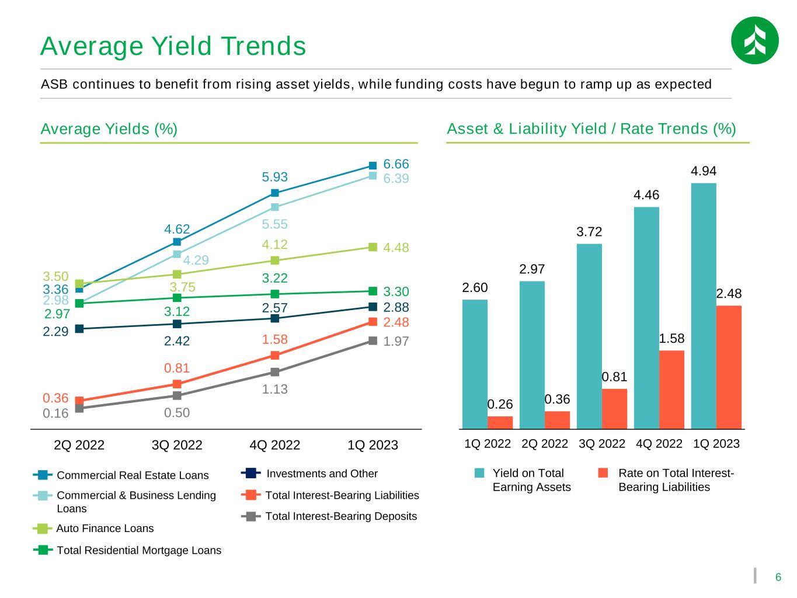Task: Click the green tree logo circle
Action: click(x=754, y=40)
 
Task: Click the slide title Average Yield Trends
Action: click(x=173, y=46)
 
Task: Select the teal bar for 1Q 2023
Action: click(x=703, y=306)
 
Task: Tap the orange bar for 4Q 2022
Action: click(x=671, y=390)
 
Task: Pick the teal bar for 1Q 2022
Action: click(x=475, y=364)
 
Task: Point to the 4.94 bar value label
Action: click(x=703, y=171)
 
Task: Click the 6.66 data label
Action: click(x=396, y=164)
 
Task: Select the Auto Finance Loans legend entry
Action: click(x=93, y=528)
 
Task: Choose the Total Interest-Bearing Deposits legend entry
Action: click(x=329, y=516)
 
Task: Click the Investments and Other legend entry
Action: click(x=309, y=474)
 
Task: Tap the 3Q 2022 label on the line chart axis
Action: click(x=177, y=445)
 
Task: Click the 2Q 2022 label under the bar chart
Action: click(x=544, y=443)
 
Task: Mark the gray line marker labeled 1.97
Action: click(x=373, y=340)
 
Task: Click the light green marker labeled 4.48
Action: click(x=373, y=247)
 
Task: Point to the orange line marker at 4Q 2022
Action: click(x=275, y=355)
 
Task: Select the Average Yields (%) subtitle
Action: click(x=109, y=129)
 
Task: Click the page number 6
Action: click(x=778, y=577)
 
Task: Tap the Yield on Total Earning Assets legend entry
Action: click(x=523, y=479)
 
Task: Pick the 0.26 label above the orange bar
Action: click(x=500, y=404)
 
